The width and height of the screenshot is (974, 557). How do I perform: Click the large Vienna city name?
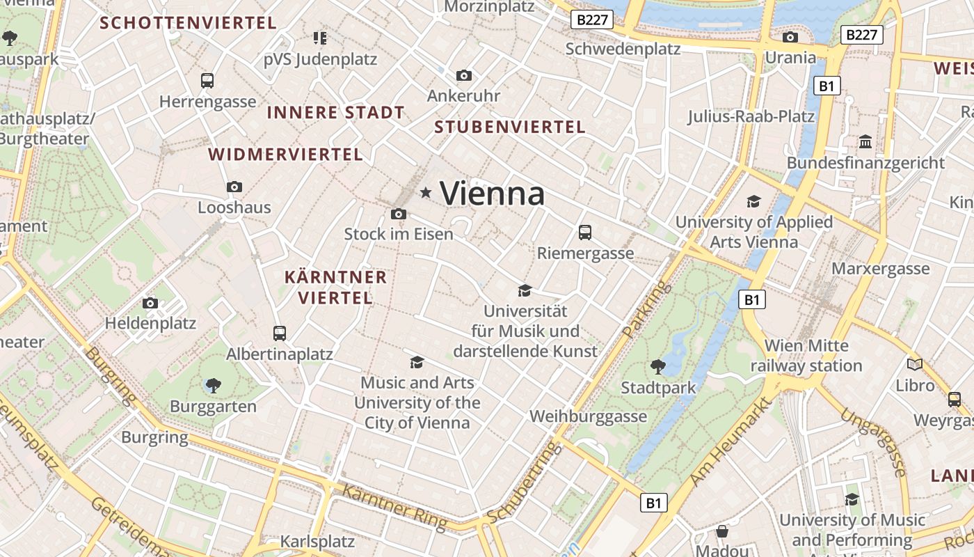[x=492, y=193]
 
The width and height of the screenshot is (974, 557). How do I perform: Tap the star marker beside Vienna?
[x=426, y=192]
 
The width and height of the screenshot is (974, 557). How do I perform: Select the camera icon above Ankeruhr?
[x=463, y=75]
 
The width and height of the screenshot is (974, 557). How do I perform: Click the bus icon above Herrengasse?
[x=207, y=81]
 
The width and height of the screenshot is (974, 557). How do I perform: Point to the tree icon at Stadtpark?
[x=657, y=366]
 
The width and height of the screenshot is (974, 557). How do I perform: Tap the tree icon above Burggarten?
[x=214, y=385]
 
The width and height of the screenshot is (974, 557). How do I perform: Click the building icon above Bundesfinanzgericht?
[x=865, y=142]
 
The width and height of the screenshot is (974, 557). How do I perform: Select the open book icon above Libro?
[x=914, y=364]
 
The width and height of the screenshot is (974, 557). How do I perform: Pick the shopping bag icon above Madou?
[x=722, y=531]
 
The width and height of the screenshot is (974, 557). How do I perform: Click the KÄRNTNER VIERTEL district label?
[x=335, y=288]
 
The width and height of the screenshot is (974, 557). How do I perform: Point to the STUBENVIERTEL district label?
[x=509, y=127]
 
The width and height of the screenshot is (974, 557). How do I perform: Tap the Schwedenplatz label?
[x=623, y=49]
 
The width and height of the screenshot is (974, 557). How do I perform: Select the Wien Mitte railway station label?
[x=806, y=355]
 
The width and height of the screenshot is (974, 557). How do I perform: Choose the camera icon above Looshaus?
[x=234, y=187]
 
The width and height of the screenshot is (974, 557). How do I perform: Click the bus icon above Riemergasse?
[x=585, y=233]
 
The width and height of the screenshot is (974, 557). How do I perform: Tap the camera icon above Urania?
[x=790, y=37]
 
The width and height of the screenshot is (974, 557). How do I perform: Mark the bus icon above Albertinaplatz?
[x=280, y=334]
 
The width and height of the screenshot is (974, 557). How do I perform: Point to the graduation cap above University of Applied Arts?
[x=753, y=202]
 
